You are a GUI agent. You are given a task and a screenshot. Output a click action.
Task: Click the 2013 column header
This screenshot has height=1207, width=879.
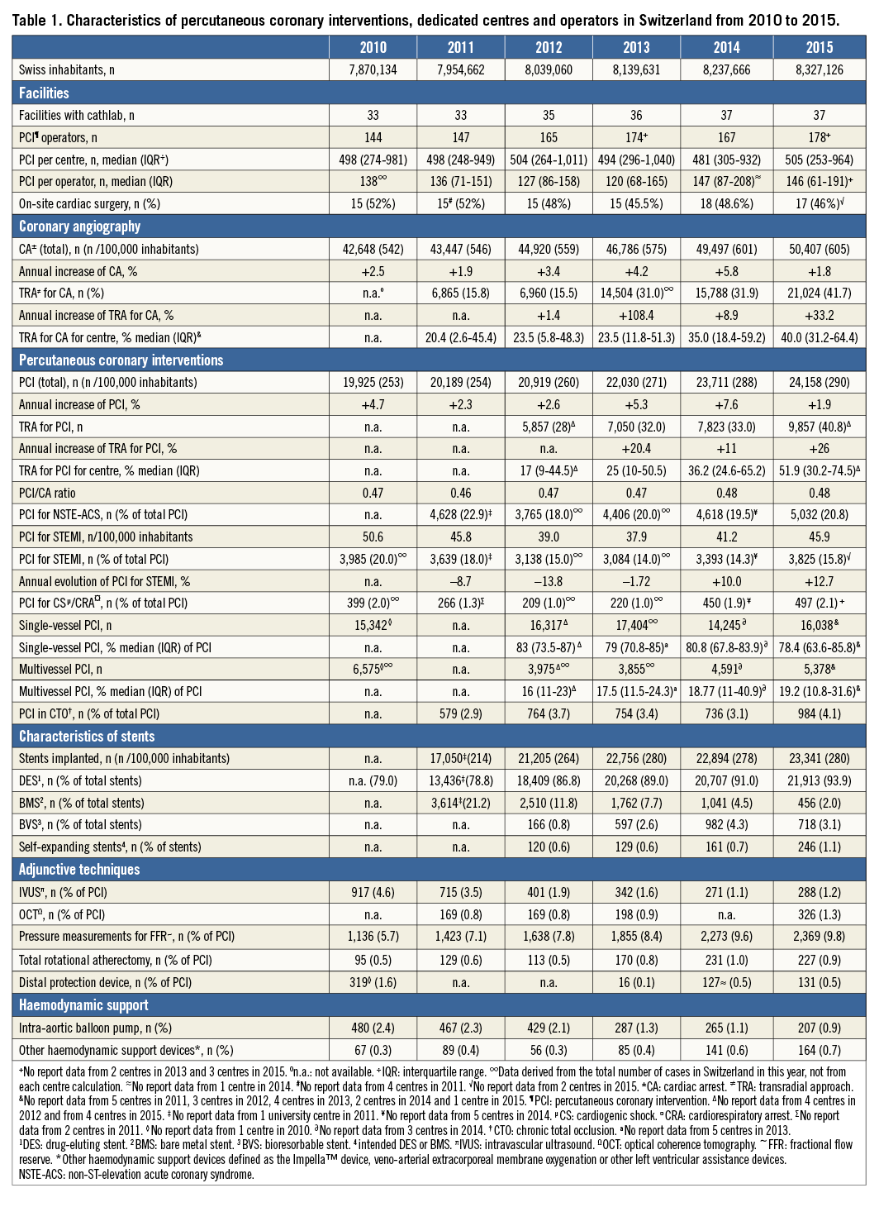636,47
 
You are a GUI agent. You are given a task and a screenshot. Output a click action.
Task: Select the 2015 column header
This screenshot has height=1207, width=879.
819,47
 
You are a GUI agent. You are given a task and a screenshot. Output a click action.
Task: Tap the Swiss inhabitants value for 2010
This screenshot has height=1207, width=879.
373,69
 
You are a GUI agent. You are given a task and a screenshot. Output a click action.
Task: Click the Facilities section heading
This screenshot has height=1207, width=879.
45,93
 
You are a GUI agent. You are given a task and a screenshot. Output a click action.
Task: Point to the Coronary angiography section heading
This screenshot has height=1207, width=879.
80,226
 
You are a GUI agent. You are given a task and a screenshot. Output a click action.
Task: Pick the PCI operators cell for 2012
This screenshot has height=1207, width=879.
549,137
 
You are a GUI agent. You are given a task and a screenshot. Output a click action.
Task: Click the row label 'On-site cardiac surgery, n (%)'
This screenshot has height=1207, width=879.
89,203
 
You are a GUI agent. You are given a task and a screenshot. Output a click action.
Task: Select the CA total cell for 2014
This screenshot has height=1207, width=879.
726,249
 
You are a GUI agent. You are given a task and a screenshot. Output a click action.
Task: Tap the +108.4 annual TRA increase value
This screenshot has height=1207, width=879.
636,315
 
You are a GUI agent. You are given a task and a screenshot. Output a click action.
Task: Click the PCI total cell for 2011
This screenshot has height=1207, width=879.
461,382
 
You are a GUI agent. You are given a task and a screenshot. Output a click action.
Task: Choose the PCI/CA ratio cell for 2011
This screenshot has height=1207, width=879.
461,493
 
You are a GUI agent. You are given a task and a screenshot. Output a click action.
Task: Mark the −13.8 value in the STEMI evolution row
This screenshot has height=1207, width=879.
549,581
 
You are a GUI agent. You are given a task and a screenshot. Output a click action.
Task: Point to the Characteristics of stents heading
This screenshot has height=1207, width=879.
87,736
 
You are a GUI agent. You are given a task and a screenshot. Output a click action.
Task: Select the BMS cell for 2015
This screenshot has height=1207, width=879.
819,803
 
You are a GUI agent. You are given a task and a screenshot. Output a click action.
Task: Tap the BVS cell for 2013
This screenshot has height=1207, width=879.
636,824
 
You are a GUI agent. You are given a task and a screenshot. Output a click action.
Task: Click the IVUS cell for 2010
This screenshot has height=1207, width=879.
373,892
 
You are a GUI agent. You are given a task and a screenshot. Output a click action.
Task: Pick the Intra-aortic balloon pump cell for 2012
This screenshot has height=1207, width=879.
549,1028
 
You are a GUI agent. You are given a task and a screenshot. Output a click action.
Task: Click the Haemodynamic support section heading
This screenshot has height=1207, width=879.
83,1005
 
